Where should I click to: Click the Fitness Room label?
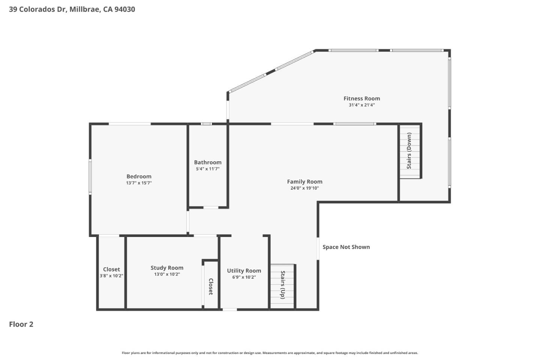coord(361,99)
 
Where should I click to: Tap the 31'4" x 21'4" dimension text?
coord(361,105)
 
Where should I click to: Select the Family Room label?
coord(304,181)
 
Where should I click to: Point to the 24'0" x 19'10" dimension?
coord(304,188)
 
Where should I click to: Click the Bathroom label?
coord(208,162)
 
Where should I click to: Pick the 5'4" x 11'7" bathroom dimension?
coord(208,169)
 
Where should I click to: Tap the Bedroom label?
coord(139,176)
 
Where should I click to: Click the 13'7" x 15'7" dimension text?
coord(139,183)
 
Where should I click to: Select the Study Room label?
coord(167,268)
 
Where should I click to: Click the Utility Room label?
coord(244,271)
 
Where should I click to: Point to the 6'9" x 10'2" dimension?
coord(244,277)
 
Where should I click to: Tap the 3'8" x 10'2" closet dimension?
coord(111,276)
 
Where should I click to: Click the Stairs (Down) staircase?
coord(409,151)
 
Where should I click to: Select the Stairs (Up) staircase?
coord(283,286)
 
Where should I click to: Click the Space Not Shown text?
coord(346,247)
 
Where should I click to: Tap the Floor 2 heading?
coord(21,324)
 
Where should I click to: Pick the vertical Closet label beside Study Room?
coord(211,286)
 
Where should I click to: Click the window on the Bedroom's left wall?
coord(90,177)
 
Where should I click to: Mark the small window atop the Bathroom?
coord(206,124)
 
